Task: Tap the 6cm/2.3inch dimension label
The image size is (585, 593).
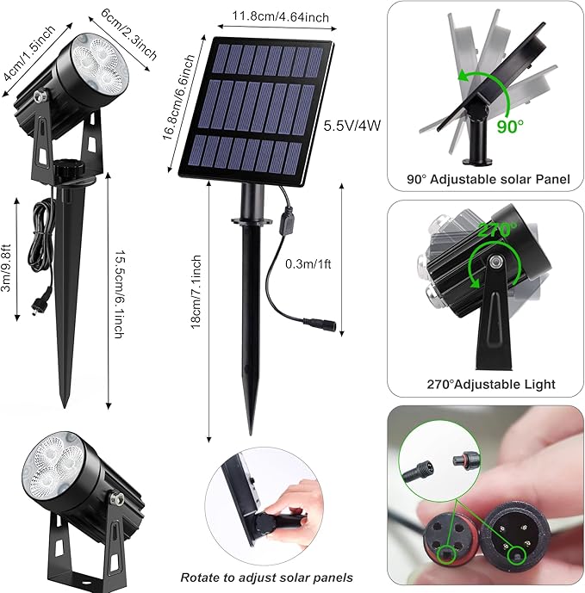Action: tap(129, 34)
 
